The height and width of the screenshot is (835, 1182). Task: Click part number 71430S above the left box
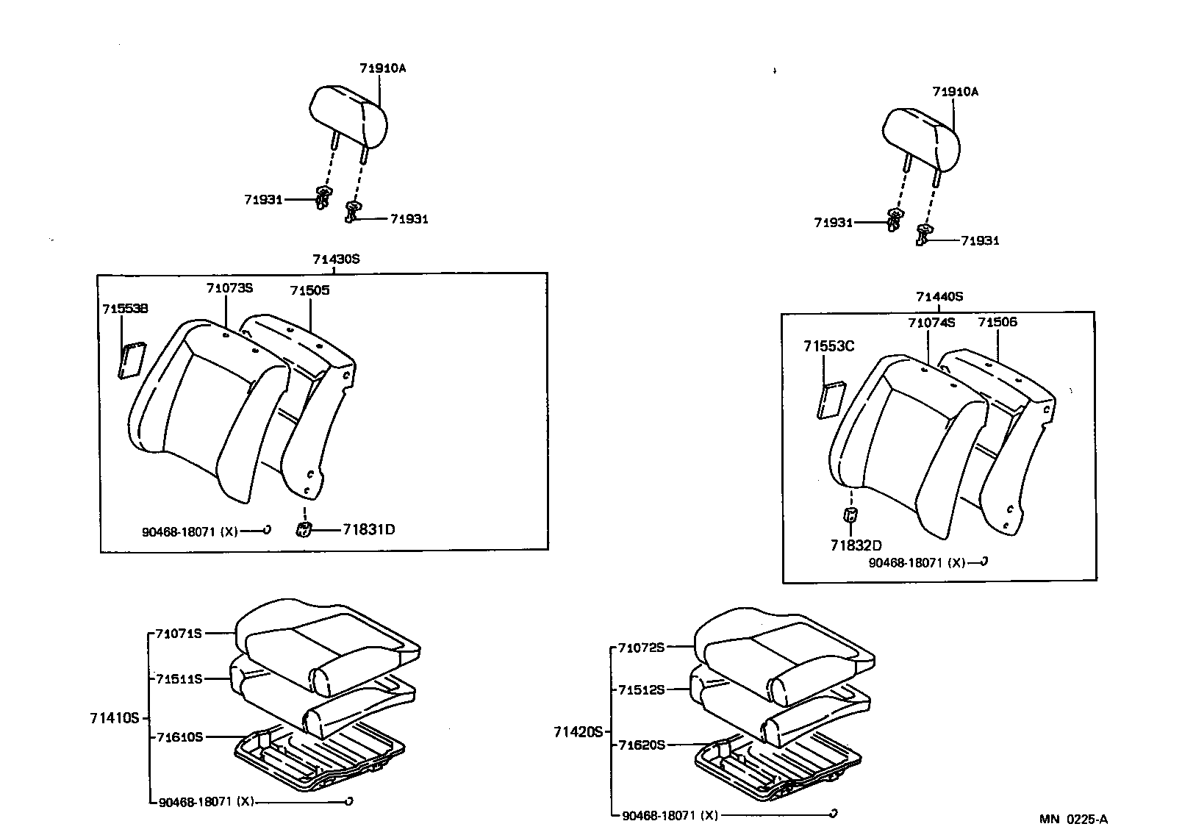tap(336, 259)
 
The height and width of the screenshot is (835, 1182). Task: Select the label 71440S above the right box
tap(939, 297)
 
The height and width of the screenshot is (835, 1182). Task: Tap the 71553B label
tap(125, 309)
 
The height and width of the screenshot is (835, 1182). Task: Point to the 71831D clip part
tap(304, 528)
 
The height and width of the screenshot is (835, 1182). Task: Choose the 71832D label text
tap(856, 545)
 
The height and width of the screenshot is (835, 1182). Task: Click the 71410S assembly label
tap(114, 717)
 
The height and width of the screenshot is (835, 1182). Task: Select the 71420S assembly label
tap(578, 731)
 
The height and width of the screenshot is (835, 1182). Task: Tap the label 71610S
tap(179, 737)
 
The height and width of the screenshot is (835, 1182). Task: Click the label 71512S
tap(641, 689)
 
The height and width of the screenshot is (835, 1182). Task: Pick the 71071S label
tap(178, 633)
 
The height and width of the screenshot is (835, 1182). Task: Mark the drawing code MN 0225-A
tap(1073, 819)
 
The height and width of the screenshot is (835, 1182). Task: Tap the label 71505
tap(309, 290)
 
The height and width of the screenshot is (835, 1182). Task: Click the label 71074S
tap(931, 322)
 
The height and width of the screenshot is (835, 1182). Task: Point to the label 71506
tap(997, 322)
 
